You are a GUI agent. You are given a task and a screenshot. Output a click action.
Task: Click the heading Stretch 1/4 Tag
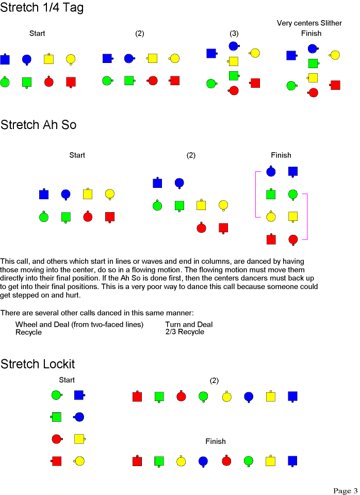tap(42, 8)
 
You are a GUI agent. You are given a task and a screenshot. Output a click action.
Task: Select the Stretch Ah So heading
tap(39, 125)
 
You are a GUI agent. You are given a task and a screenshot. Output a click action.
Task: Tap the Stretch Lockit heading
tap(38, 364)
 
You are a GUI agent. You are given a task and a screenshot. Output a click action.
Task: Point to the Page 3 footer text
tap(345, 490)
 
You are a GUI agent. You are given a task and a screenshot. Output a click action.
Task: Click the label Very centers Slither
tap(309, 23)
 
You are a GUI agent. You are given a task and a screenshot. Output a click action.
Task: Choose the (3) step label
tap(234, 34)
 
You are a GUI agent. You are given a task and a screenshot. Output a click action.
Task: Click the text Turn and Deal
tap(189, 324)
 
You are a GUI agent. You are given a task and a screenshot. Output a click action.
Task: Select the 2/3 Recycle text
tap(185, 332)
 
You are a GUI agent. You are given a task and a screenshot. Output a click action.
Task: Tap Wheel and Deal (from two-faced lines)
tap(79, 325)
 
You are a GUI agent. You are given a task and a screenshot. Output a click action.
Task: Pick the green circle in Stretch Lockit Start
tap(57, 395)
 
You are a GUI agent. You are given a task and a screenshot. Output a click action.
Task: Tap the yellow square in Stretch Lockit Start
tap(79, 439)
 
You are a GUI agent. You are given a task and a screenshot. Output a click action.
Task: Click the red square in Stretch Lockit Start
tap(56, 461)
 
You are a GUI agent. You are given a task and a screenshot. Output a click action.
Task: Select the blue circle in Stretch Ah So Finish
tap(271, 171)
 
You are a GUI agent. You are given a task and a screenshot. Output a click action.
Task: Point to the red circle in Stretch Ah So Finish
tap(293, 239)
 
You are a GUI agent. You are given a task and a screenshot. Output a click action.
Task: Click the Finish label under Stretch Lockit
tap(216, 441)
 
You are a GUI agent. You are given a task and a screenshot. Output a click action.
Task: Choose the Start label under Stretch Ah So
tap(77, 155)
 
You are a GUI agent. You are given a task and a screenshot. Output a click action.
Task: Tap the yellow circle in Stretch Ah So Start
tap(110, 194)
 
